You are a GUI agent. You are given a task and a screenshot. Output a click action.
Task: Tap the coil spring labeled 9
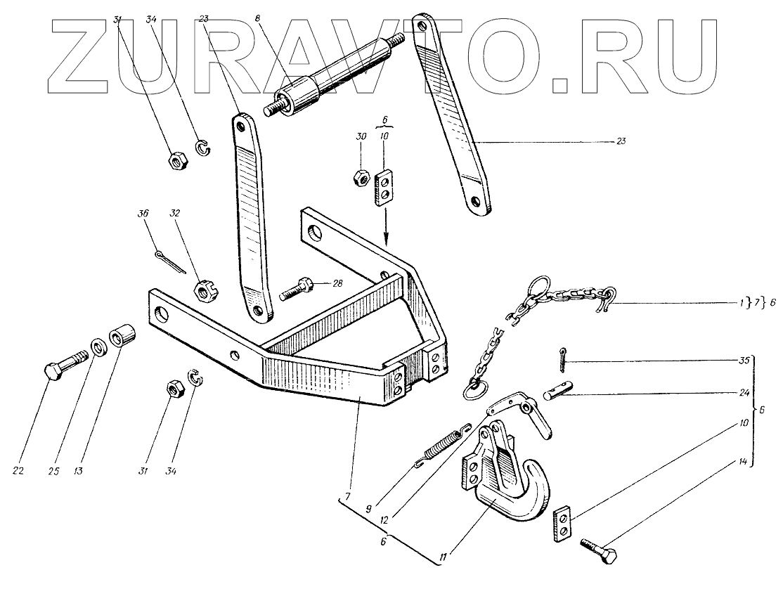coord(439,446)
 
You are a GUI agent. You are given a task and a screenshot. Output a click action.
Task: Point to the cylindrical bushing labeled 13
coord(120,337)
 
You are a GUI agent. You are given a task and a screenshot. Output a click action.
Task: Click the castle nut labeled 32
coord(203,290)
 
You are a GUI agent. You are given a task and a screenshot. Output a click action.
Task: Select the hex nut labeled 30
coord(361,176)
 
